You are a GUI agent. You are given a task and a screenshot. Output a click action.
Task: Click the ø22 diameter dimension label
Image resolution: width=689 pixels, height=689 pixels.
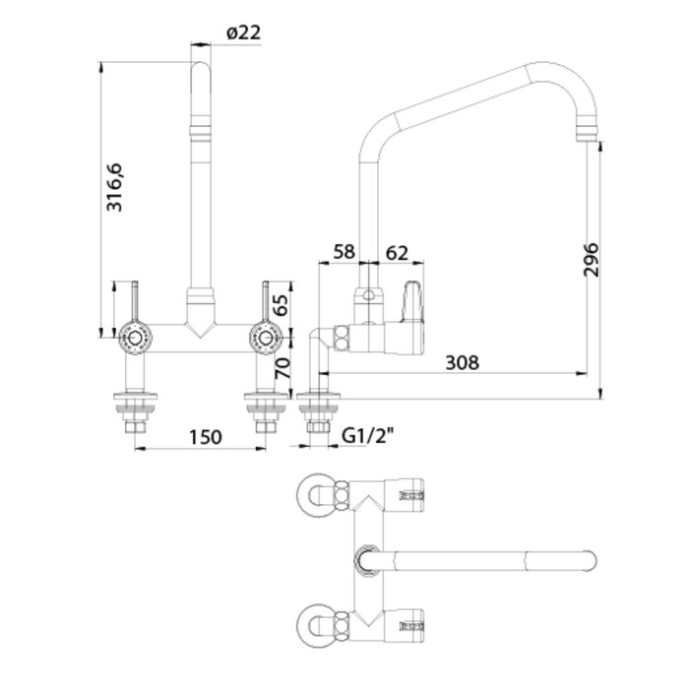point(242,32)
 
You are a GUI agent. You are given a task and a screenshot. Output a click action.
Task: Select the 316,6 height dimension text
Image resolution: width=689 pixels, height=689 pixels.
point(115,188)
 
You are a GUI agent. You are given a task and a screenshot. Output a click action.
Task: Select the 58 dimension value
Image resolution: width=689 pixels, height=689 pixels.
point(344,252)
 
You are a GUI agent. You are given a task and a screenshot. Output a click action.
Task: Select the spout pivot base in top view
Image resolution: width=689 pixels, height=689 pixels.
point(365,559)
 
